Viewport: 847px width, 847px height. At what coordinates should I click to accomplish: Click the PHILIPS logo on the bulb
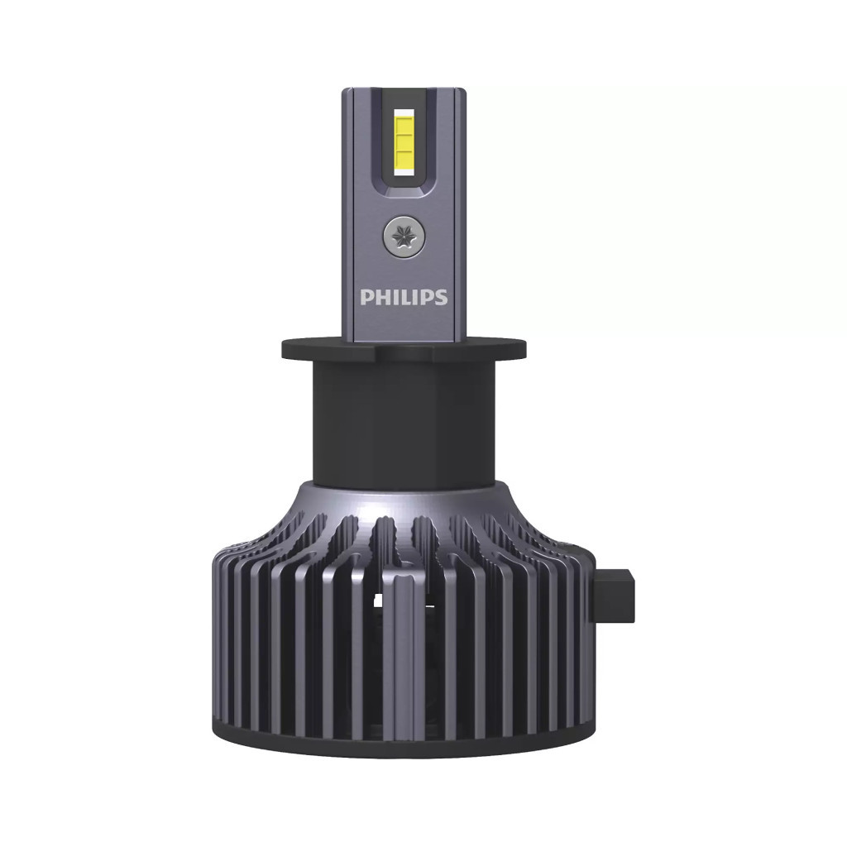[404, 297]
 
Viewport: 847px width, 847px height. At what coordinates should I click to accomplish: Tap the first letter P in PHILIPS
[366, 297]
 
